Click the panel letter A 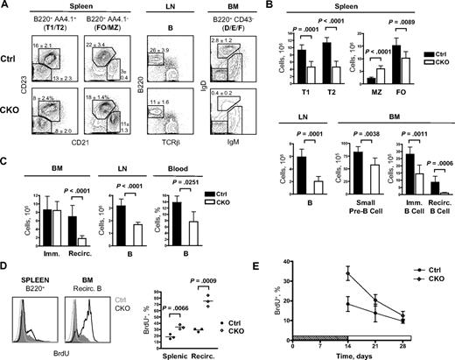[x=6, y=7]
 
